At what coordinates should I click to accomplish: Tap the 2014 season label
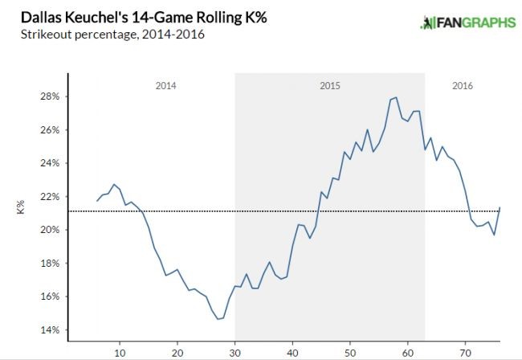[x=165, y=85]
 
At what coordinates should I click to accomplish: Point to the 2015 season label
[x=329, y=85]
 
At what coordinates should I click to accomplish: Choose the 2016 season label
[x=462, y=85]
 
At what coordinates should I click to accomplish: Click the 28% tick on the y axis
[x=50, y=96]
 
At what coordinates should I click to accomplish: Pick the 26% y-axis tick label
[x=50, y=130]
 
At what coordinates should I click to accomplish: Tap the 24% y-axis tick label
[x=50, y=163]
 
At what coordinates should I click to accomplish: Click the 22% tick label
[x=50, y=197]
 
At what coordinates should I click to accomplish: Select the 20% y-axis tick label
[x=50, y=230]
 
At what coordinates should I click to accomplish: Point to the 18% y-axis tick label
[x=50, y=264]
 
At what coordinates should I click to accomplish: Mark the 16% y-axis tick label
[x=50, y=297]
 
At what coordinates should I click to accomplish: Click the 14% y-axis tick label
[x=50, y=330]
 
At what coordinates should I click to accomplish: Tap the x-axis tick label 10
[x=120, y=352]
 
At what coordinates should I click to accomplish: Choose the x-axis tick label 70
[x=465, y=352]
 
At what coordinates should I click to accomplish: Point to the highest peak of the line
[x=396, y=97]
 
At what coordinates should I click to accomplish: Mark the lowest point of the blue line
[x=218, y=319]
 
